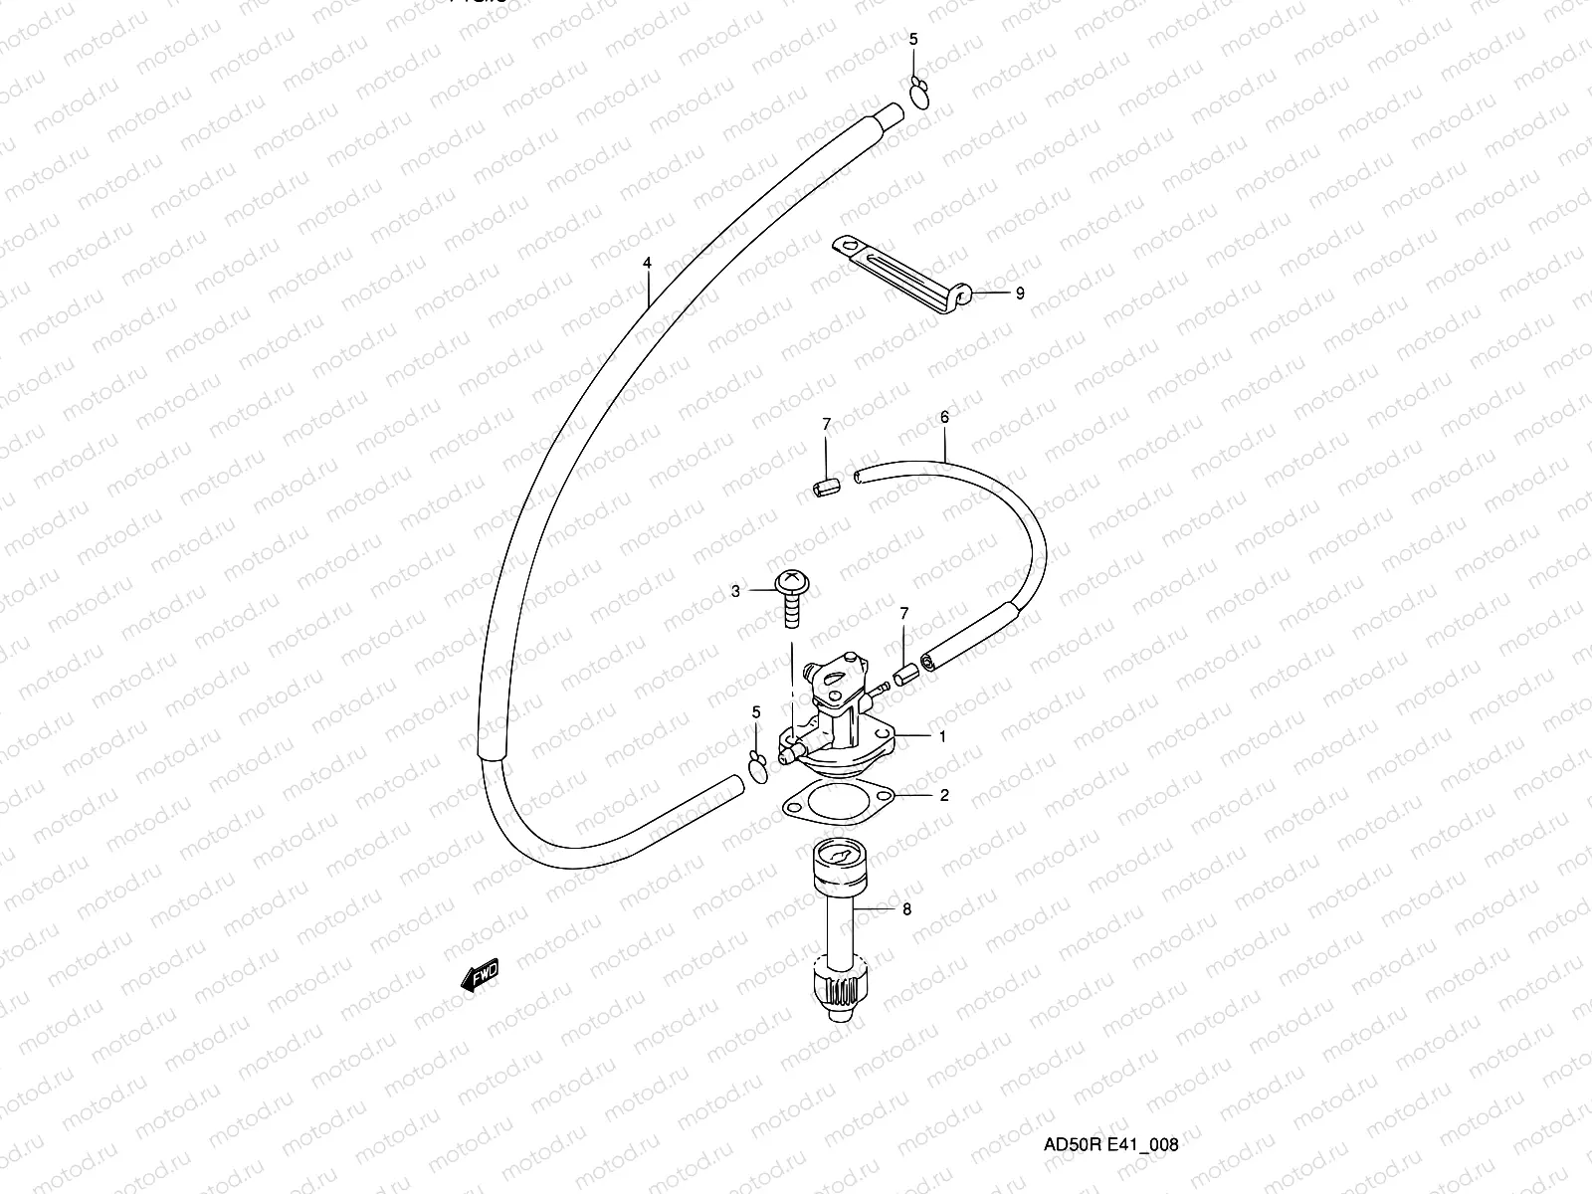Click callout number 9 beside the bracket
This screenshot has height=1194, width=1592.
[x=1019, y=294]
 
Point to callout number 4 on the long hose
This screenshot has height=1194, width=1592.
[x=647, y=264]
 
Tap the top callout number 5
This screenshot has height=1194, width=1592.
[x=914, y=39]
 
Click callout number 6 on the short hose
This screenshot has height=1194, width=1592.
[x=944, y=417]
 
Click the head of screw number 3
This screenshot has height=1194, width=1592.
[x=792, y=580]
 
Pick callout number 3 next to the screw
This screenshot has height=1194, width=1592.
[x=735, y=591]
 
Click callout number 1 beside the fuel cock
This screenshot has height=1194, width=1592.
[x=941, y=737]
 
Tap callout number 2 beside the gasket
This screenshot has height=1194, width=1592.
[x=944, y=795]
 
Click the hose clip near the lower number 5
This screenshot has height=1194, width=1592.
[x=757, y=769]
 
